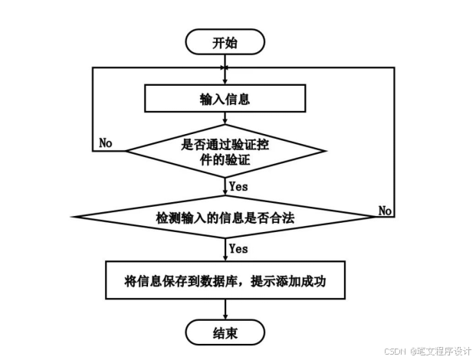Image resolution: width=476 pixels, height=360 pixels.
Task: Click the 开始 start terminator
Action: click(x=225, y=43)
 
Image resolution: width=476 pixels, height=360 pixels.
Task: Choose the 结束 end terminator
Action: click(x=225, y=332)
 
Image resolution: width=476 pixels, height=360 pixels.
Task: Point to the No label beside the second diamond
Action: click(x=385, y=210)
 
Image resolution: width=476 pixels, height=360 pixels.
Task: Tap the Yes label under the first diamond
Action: click(x=238, y=185)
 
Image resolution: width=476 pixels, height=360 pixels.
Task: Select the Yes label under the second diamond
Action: click(x=238, y=249)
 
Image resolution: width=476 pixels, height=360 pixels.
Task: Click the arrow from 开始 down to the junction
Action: click(x=225, y=61)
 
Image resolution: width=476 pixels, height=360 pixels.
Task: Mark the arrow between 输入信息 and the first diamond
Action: click(x=225, y=119)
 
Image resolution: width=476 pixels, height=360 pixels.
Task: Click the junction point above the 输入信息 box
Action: click(x=225, y=68)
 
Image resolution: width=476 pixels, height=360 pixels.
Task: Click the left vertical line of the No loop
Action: click(x=92, y=107)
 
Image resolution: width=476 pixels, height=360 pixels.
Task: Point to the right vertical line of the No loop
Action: click(x=394, y=138)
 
